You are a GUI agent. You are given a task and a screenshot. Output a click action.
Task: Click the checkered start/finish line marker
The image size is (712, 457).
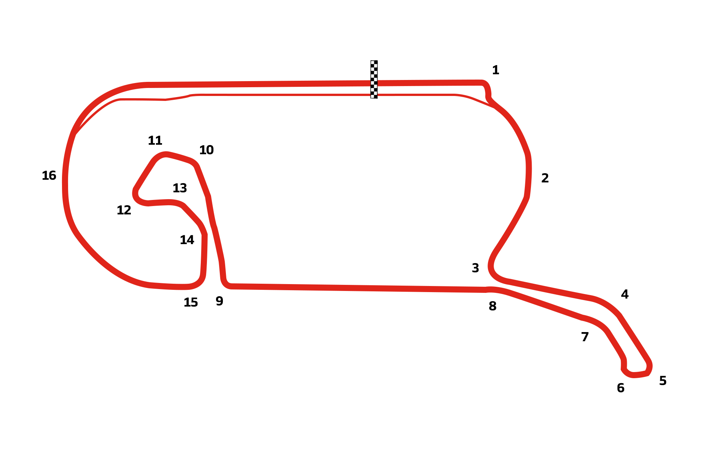coord(374,79)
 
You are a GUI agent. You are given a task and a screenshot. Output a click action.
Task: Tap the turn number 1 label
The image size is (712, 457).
coord(496,70)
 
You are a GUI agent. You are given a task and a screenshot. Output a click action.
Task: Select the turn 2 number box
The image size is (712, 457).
coord(545,178)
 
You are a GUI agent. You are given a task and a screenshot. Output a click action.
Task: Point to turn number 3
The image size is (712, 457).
coord(475,268)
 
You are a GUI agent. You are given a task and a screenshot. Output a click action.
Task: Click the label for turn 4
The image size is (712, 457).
coord(625,294)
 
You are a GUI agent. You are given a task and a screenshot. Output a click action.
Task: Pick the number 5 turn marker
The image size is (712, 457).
coord(663,380)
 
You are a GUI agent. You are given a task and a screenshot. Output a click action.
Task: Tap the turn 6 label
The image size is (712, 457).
coord(621,388)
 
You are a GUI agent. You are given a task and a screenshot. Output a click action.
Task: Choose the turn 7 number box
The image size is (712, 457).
coord(585,337)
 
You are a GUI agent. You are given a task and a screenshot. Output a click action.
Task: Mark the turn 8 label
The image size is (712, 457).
coord(493,306)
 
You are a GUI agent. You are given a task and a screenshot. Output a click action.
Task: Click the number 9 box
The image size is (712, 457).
coord(219,301)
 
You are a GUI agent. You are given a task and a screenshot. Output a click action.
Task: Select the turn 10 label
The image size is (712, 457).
coord(207,150)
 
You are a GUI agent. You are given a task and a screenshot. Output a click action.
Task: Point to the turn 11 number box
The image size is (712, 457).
coord(155,140)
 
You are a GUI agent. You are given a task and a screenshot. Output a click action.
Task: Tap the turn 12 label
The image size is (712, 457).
coord(124,210)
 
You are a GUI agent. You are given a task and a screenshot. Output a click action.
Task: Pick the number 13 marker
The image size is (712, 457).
coord(180,188)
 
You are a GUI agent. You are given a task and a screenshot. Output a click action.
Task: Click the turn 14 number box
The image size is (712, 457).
coord(187,240)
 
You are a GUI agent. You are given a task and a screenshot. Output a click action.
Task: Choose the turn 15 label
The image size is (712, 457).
coord(191,302)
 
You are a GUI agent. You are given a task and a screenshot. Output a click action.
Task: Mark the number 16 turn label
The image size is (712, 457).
coord(49,176)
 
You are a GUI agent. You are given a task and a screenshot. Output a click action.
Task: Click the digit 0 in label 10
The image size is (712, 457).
coord(210,150)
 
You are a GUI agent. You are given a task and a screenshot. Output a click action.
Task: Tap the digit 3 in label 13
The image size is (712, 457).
coord(183,188)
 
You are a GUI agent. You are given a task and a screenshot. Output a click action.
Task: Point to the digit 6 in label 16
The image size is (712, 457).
coord(52,176)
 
